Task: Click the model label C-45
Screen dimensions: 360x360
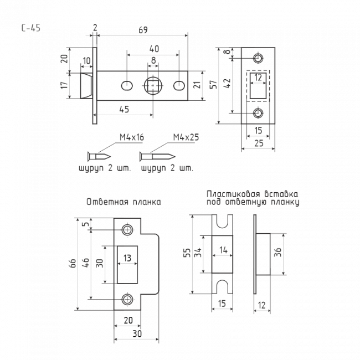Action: coord(31,28)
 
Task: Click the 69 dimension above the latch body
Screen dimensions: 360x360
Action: coord(143,30)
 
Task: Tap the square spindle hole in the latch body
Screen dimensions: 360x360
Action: coord(153,86)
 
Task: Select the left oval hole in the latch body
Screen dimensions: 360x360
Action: coord(127,86)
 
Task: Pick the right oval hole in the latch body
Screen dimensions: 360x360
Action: coord(179,86)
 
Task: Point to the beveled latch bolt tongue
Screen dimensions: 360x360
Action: coord(86,86)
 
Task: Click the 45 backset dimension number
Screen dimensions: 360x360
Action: coord(124,109)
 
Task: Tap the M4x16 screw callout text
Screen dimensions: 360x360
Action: coord(132,137)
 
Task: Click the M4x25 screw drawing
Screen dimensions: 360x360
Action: coord(157,157)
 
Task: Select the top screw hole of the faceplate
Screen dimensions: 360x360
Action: coord(258,58)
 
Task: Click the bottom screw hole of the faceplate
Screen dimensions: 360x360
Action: coord(258,113)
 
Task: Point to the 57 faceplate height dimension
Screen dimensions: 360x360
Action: coord(213,84)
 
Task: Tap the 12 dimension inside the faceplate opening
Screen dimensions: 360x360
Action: coord(258,78)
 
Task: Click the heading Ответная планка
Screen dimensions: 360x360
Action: coord(124,202)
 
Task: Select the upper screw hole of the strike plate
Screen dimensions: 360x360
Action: coord(127,229)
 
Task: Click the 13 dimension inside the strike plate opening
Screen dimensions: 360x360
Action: coord(127,258)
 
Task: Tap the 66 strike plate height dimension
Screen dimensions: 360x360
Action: coord(73,263)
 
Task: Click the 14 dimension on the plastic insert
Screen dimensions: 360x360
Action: coord(223,250)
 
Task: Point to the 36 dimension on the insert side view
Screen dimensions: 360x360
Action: coord(278,252)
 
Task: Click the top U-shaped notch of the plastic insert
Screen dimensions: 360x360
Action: coord(222,221)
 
